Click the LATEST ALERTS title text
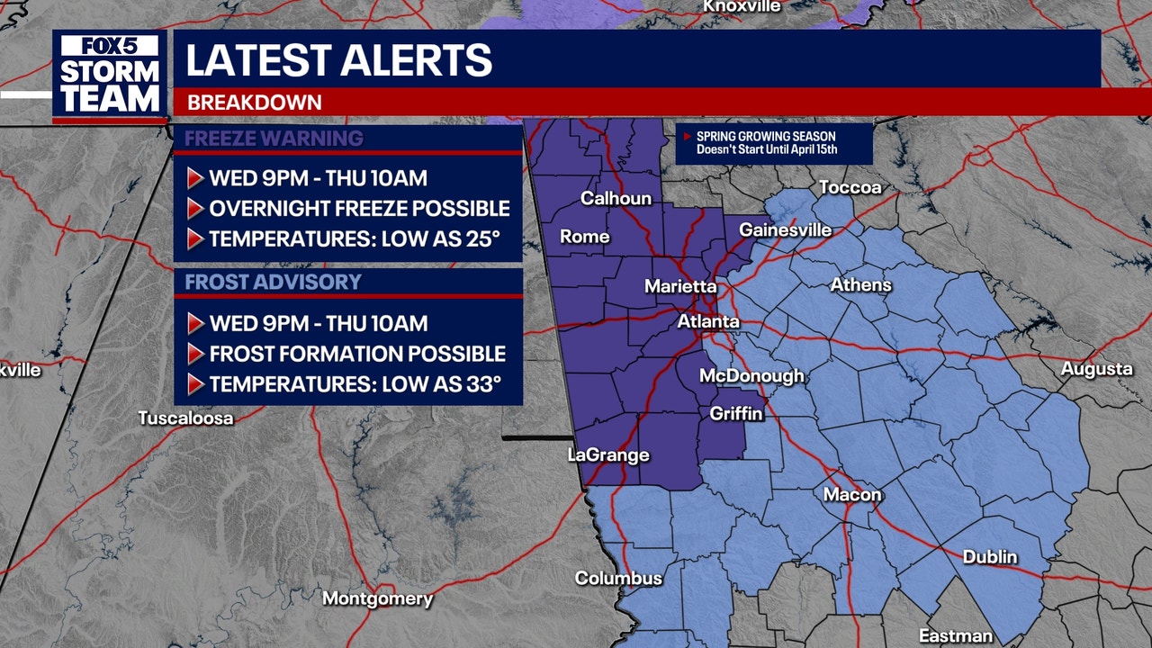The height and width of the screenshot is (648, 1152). [338, 59]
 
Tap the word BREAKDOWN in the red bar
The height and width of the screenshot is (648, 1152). [254, 103]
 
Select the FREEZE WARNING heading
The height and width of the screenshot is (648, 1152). [274, 139]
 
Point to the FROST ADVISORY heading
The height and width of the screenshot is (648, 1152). [273, 282]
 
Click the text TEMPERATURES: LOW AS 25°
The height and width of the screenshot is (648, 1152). [354, 239]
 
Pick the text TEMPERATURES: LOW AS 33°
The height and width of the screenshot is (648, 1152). [355, 384]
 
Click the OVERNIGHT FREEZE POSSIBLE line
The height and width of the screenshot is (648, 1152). [359, 209]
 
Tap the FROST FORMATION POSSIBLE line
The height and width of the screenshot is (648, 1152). [357, 354]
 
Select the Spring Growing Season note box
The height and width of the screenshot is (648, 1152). [773, 143]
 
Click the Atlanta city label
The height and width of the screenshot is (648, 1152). [708, 321]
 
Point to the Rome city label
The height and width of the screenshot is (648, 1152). [585, 238]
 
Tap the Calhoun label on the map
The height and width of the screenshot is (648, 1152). [616, 198]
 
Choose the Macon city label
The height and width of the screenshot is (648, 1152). [852, 495]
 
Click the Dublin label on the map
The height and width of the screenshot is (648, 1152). [990, 557]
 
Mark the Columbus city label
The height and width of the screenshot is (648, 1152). [618, 578]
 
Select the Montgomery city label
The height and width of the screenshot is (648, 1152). [377, 598]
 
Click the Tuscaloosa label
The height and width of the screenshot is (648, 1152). [185, 418]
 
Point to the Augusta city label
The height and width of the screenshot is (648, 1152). [1096, 369]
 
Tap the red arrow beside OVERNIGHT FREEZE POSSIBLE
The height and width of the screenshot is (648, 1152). [194, 209]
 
